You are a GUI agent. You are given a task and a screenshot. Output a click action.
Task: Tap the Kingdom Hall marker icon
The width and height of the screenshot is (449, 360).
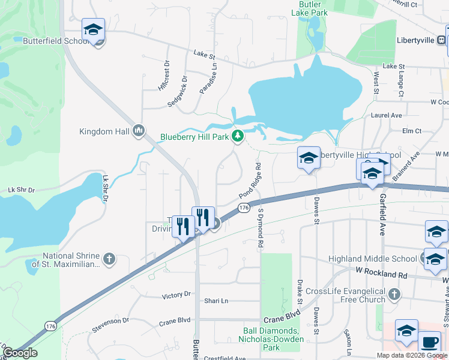coord(139,131)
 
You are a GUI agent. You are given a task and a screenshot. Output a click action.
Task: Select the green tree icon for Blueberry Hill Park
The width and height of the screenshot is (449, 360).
coord(238,136)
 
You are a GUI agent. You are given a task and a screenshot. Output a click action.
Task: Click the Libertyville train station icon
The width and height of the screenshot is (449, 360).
coord(441,40)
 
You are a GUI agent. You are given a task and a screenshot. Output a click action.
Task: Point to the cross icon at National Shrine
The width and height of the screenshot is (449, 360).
coord(108,259)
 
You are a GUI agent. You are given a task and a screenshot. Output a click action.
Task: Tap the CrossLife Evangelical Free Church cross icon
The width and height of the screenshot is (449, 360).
coord(394,294)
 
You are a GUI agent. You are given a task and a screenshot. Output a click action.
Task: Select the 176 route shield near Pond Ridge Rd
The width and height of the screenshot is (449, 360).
coord(243,208)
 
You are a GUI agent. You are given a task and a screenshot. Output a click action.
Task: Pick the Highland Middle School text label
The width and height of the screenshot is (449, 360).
coord(372,259)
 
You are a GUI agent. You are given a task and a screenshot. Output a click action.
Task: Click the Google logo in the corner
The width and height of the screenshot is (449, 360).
coord(20,353)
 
